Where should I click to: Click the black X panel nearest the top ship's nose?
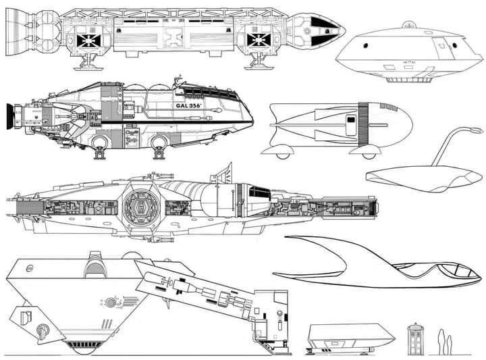point(259,41)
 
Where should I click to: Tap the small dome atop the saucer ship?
point(406,25)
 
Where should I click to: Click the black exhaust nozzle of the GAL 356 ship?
point(9,116)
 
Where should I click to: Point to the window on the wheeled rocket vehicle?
point(350,125)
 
